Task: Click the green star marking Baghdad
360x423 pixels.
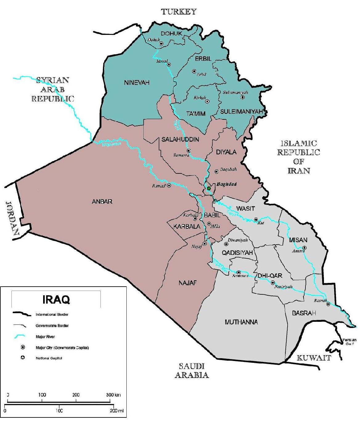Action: click(209, 188)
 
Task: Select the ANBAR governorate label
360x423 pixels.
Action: click(102, 201)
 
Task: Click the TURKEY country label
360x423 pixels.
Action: click(179, 12)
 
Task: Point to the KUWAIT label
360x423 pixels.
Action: click(314, 358)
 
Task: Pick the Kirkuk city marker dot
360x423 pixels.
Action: click(207, 101)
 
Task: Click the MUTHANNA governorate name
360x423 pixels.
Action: click(241, 322)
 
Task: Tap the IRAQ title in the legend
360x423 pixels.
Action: click(56, 299)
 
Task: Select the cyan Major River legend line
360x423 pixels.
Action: click(22, 336)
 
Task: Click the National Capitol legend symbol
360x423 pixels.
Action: click(22, 358)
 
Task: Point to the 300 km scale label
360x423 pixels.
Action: click(113, 395)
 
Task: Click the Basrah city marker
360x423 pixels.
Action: click(328, 304)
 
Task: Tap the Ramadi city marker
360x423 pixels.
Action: click(169, 185)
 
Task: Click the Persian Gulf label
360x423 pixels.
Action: click(349, 342)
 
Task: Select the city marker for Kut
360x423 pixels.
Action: click(256, 220)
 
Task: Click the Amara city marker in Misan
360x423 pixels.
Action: click(304, 247)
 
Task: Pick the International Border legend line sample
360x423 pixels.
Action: click(22, 314)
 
